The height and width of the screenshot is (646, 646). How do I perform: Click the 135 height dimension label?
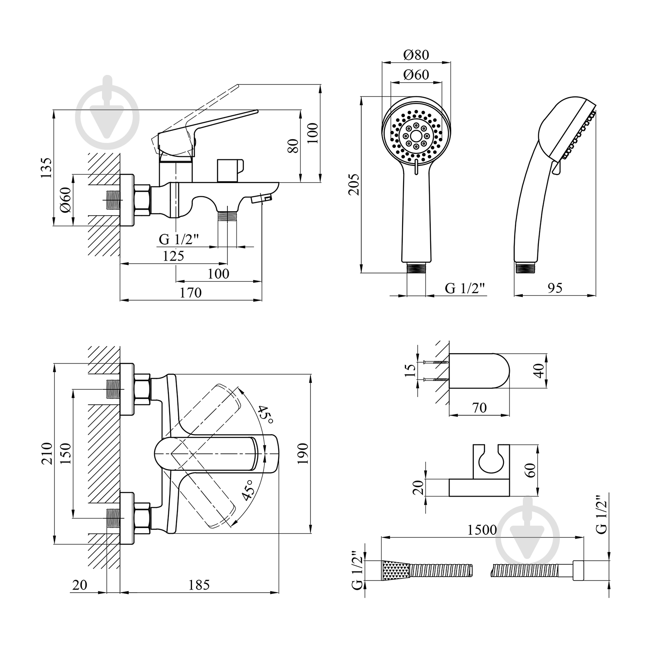pos(47,168)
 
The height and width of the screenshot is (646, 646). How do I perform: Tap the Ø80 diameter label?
pos(416,55)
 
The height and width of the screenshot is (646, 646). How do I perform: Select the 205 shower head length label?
pos(353,184)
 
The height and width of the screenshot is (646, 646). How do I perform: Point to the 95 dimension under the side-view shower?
pos(555,288)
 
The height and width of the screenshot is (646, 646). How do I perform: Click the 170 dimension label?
pos(191,292)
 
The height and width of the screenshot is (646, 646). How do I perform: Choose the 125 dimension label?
pos(174,256)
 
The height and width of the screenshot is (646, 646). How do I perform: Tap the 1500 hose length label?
pos(481,529)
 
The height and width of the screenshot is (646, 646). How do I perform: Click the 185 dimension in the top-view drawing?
pos(199,584)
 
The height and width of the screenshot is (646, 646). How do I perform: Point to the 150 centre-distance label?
pos(65,453)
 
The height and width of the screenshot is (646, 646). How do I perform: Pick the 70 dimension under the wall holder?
pos(479,407)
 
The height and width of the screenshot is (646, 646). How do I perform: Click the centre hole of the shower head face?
pos(416,134)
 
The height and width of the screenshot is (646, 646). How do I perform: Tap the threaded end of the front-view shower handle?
pos(416,268)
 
